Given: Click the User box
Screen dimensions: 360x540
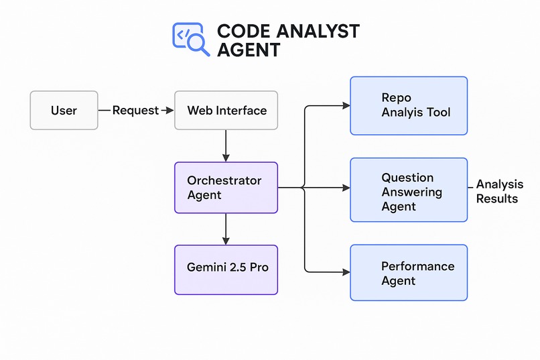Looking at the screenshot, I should [x=64, y=110].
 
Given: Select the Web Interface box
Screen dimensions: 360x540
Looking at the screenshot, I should [x=226, y=110].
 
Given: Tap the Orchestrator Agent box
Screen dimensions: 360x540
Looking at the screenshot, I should [x=226, y=188].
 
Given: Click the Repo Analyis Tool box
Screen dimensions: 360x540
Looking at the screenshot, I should [x=409, y=105].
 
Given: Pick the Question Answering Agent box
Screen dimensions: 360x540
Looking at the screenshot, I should [x=409, y=190].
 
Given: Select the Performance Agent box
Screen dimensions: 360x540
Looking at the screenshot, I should [x=409, y=273].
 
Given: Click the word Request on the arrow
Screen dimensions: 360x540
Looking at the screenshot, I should [x=135, y=111].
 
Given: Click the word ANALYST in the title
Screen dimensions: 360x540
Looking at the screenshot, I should [x=318, y=32].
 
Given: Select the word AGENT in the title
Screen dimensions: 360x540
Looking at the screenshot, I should [x=248, y=50].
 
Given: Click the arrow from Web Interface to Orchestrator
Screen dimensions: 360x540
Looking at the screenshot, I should [x=226, y=145].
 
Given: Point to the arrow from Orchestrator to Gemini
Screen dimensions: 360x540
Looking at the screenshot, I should [x=226, y=229].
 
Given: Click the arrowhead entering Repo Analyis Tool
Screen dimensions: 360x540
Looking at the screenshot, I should [x=346, y=105].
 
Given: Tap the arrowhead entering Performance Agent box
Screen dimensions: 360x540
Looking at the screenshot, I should [x=346, y=272].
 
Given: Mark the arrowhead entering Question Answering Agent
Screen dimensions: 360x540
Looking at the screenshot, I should [x=346, y=188].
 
